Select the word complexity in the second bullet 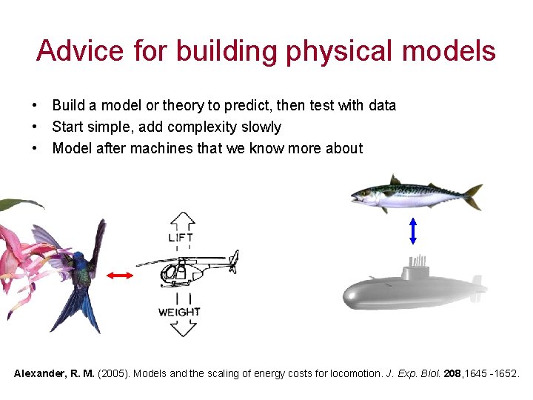click(209, 127)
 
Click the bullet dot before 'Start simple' click(36, 127)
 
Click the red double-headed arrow click(119, 276)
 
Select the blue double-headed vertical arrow click(413, 230)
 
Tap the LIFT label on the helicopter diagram click(181, 238)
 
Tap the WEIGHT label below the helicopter click(179, 312)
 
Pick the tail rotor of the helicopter click(234, 260)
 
